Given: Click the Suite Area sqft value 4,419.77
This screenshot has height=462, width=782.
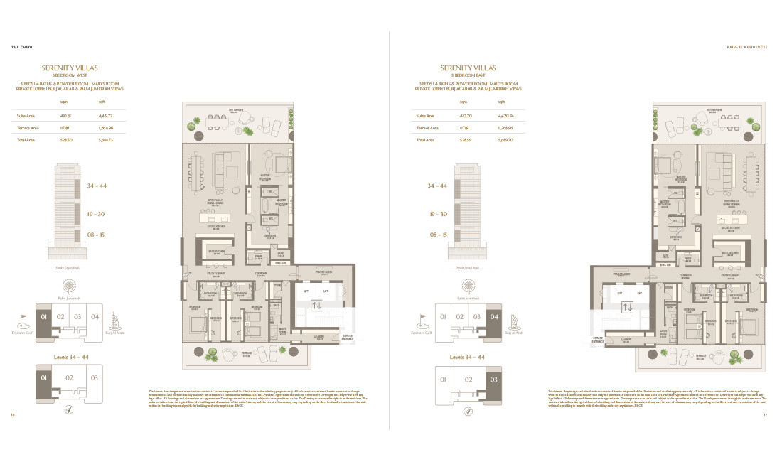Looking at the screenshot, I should coord(106,115).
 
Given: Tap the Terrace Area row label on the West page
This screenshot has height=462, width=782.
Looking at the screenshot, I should coord(28,128).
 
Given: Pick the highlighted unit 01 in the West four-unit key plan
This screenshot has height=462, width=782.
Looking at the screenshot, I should coord(43,317).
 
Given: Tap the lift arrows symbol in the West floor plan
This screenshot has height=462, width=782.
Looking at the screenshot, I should coord(317,306).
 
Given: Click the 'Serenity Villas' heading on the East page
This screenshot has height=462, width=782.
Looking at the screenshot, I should coord(468,68).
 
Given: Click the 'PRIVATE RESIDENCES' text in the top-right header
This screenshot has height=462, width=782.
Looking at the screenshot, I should coord(747,48).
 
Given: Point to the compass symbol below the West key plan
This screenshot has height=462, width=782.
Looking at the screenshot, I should coord(69,409).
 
